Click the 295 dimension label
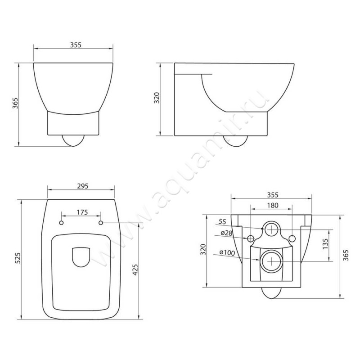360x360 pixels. [83, 186]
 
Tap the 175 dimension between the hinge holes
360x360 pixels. [82, 212]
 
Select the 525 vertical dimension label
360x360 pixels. [18, 258]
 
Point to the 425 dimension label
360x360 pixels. [135, 270]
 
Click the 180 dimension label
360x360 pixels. [273, 205]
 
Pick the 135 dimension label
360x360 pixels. [325, 244]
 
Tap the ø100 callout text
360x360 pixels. [227, 252]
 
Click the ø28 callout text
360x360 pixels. [227, 233]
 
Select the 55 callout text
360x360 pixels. [222, 221]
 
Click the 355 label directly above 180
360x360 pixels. [273, 195]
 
